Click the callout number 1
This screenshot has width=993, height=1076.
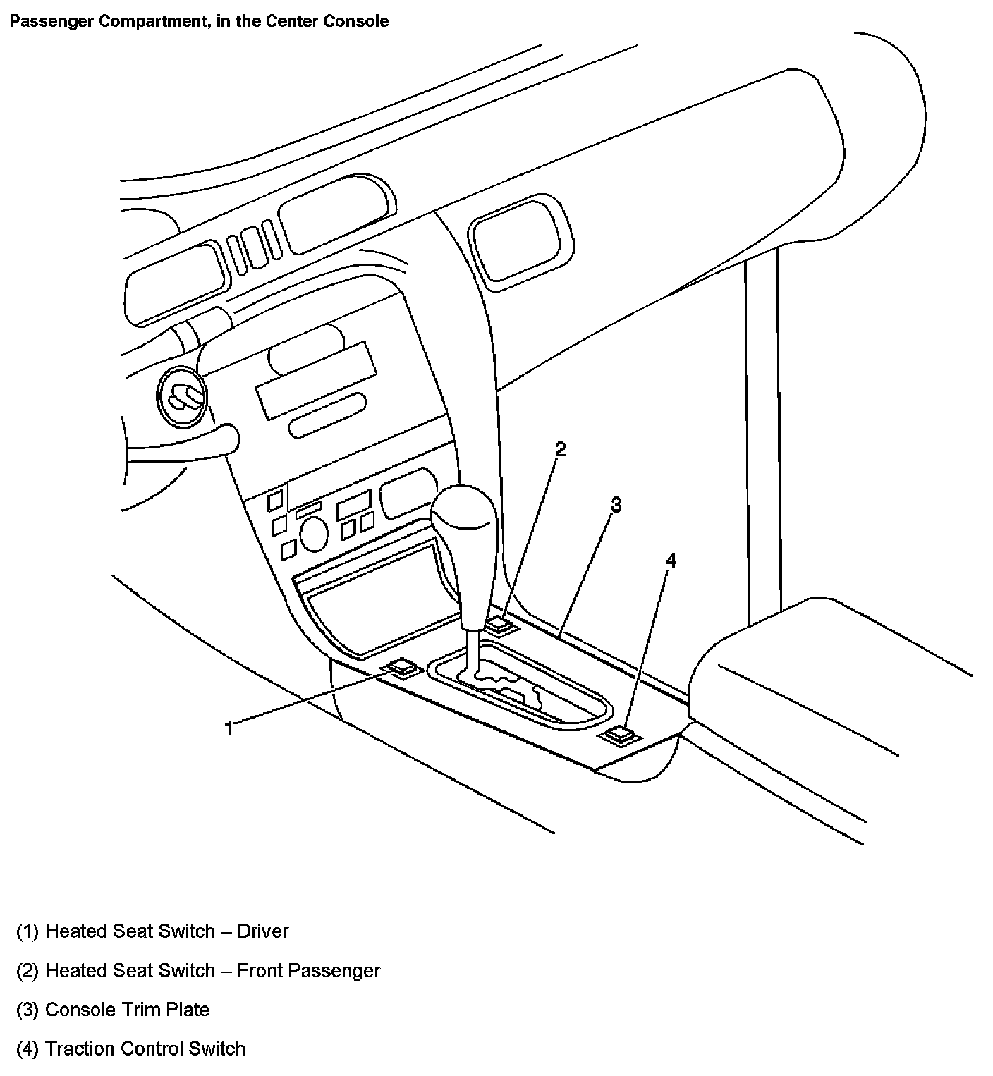point(229,728)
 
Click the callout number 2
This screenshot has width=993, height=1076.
point(561,449)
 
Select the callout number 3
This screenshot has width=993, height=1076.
point(616,505)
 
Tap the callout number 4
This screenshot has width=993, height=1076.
point(671,561)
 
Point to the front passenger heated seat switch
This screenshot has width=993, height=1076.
point(501,624)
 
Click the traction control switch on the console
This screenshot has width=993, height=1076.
point(619,735)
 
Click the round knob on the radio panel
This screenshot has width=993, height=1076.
point(314,534)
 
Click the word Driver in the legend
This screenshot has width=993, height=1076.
point(262,931)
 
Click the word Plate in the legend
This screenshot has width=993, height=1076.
point(188,1010)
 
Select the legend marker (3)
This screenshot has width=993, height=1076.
point(28,1010)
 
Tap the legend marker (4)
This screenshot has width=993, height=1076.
point(28,1049)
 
